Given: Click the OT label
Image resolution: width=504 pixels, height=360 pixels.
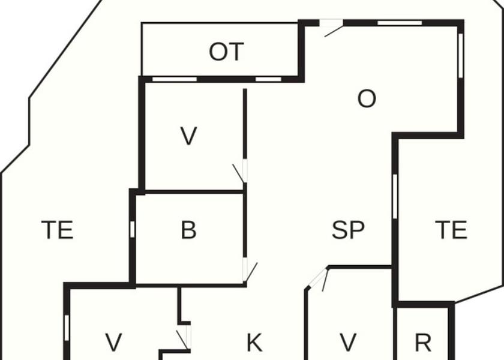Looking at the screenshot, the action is pyautogui.click(x=226, y=53).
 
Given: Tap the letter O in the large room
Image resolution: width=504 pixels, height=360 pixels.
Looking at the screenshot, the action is pyautogui.click(x=366, y=99).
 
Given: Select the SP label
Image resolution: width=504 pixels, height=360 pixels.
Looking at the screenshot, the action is pyautogui.click(x=348, y=230).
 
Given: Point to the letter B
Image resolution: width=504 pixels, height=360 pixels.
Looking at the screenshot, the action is pyautogui.click(x=188, y=230).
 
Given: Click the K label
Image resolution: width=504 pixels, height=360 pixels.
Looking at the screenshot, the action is pyautogui.click(x=254, y=343).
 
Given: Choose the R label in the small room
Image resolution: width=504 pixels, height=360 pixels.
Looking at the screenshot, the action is pyautogui.click(x=423, y=343).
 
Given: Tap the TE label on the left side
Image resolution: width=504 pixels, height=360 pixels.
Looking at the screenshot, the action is pyautogui.click(x=57, y=230).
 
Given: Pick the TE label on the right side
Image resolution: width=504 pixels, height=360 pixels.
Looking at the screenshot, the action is pyautogui.click(x=451, y=230).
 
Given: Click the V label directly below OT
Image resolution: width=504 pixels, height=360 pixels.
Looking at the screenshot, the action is pyautogui.click(x=188, y=137).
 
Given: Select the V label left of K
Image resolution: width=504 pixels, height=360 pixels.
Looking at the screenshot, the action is pyautogui.click(x=113, y=343).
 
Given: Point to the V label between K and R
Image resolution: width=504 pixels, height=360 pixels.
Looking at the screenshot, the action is pyautogui.click(x=348, y=343).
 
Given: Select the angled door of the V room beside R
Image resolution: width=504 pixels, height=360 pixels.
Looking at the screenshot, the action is pyautogui.click(x=319, y=278).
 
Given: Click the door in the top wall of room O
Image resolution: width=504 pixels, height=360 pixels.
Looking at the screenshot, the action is pyautogui.click(x=331, y=26).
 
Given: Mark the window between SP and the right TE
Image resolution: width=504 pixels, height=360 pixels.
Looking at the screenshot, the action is pyautogui.click(x=395, y=196).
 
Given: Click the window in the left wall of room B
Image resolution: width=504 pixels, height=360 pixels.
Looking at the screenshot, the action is pyautogui.click(x=132, y=230).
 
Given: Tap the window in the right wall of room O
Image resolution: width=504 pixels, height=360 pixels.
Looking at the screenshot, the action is pyautogui.click(x=460, y=55).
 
